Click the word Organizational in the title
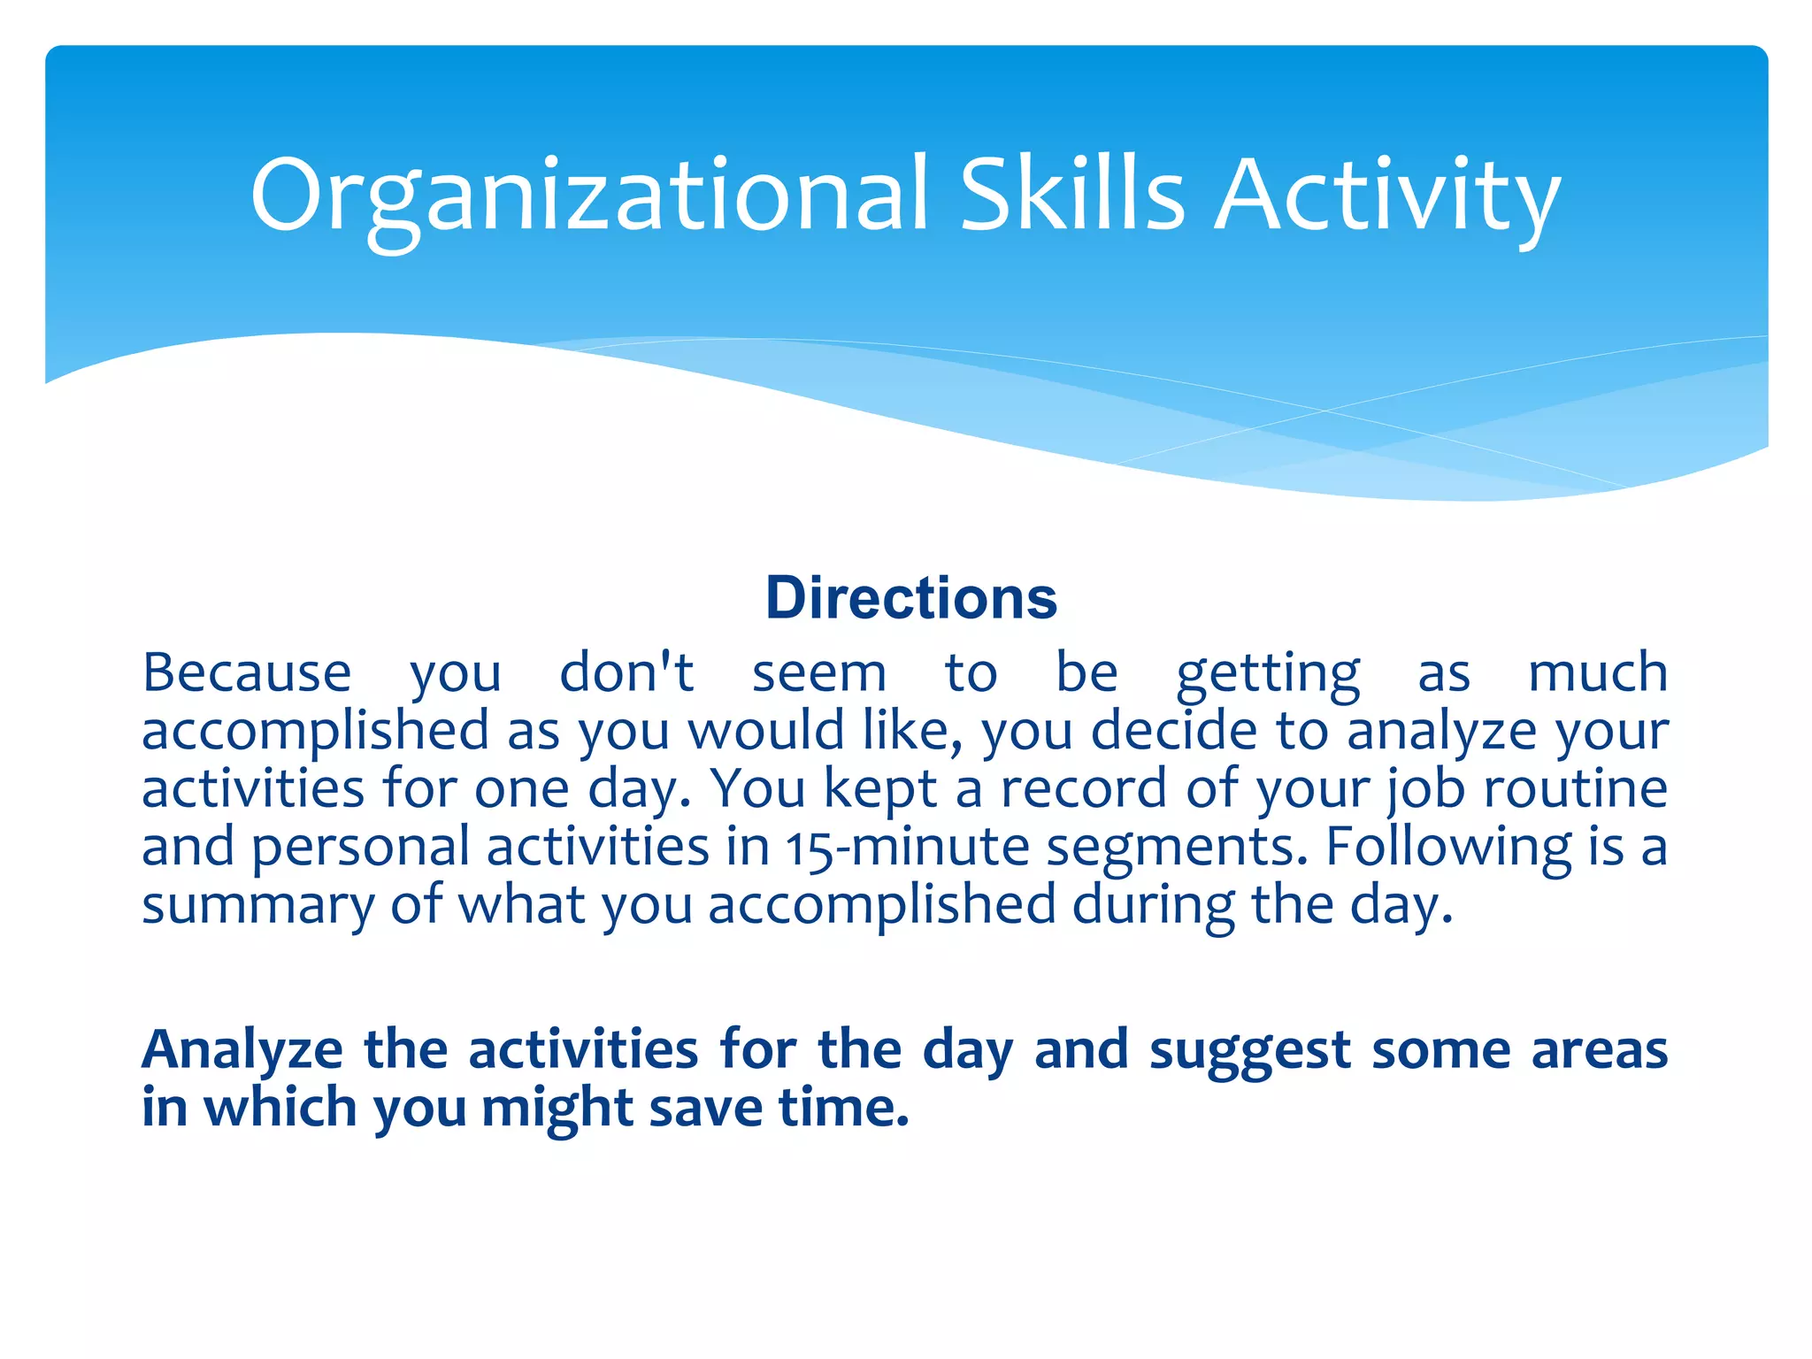click(588, 196)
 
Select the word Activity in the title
click(1386, 196)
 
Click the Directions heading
click(910, 598)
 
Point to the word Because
click(247, 672)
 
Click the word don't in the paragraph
click(626, 672)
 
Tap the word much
click(1597, 672)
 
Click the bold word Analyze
click(242, 1051)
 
